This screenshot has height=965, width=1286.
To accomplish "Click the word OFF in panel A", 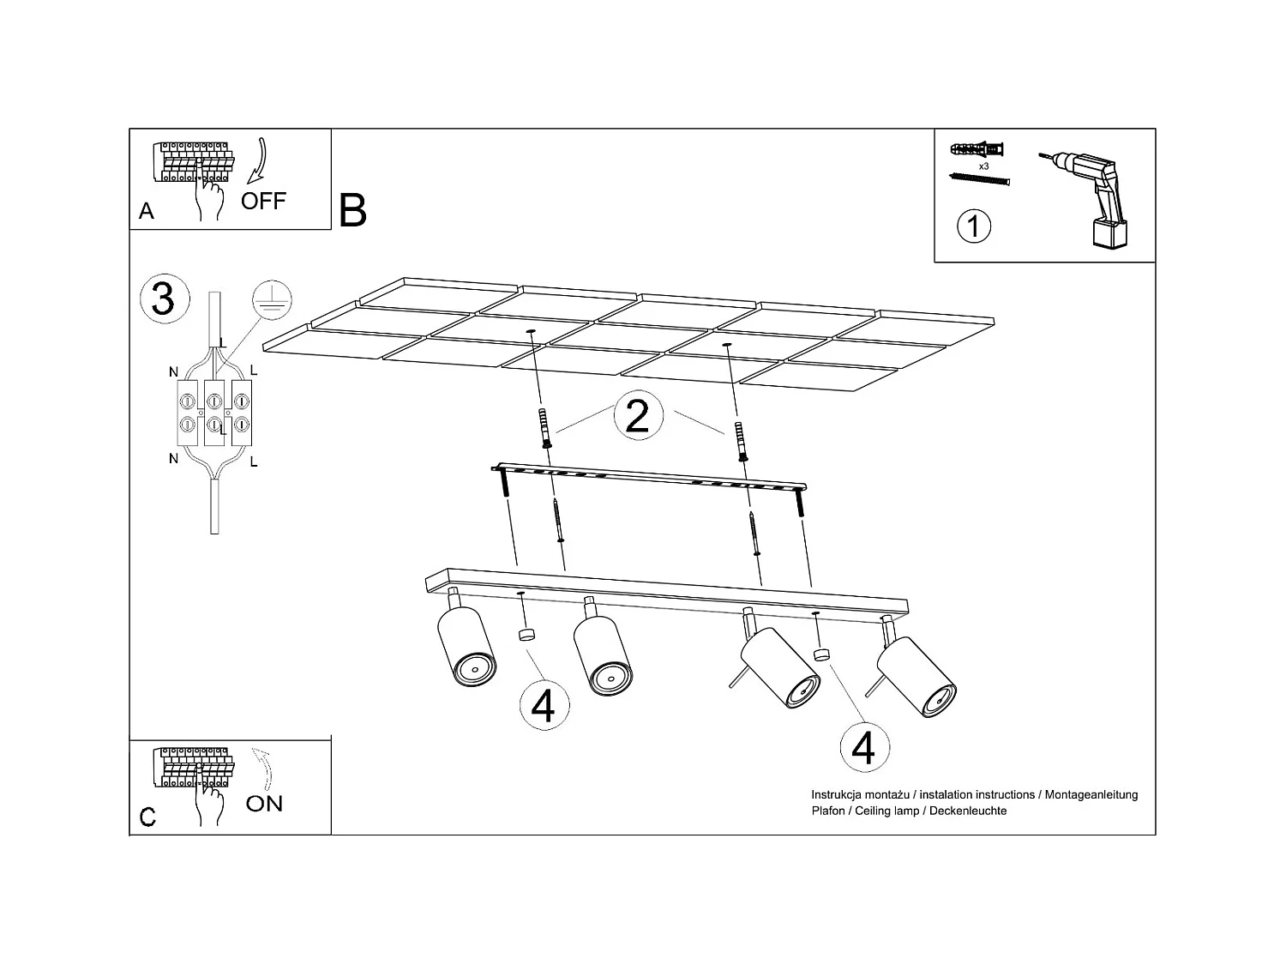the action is (263, 201).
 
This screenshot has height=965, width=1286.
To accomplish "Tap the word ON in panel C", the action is (264, 803).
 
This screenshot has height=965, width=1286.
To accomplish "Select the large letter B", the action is (352, 210).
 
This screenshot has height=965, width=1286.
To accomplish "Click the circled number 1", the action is (974, 226).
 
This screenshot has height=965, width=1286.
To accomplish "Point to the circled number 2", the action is (638, 415).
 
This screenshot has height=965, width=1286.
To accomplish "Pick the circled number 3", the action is (165, 299).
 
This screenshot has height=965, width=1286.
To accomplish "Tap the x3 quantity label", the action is (983, 166).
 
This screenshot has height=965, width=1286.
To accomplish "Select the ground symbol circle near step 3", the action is (272, 300).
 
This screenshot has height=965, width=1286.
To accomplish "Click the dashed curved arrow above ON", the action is (263, 767).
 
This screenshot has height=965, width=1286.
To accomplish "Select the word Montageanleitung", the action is (1091, 795).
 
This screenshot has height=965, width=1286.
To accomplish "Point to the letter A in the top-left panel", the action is (147, 211).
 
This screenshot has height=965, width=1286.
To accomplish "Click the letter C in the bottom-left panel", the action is (147, 817).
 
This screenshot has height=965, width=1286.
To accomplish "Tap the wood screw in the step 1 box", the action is (979, 178).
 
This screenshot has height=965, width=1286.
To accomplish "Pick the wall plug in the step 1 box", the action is (976, 149).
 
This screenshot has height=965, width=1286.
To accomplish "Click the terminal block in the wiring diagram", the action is (214, 412).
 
